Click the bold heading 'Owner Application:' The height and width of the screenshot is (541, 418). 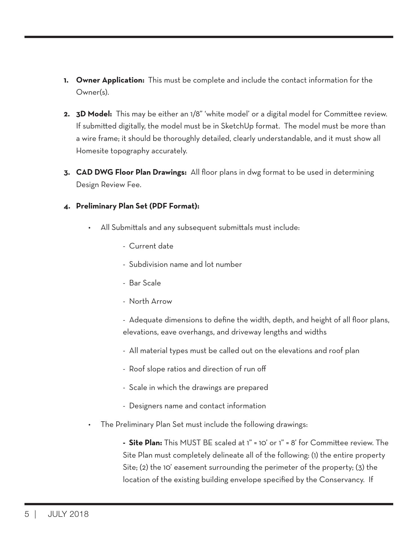pos(110,80)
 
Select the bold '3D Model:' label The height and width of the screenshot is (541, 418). pos(94,114)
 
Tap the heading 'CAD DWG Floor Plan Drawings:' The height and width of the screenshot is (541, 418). pos(131,172)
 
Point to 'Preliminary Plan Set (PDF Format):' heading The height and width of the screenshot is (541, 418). pos(138,206)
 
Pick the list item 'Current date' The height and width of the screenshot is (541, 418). pos(151,246)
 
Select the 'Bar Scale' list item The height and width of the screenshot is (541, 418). pos(145,283)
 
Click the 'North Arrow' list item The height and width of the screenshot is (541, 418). pos(150,301)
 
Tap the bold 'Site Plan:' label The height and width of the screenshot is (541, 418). pos(145,443)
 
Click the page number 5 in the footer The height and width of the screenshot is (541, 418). pos(27,514)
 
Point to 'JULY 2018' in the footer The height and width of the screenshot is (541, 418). pos(68,514)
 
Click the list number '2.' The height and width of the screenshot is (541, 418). pos(67,114)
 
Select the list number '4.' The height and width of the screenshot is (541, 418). pos(67,207)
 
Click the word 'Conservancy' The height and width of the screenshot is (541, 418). pos(341,480)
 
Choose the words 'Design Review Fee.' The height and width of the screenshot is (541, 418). pos(109,185)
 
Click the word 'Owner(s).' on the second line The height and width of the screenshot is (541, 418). pos(92,92)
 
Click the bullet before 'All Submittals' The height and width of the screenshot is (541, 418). pos(89,228)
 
